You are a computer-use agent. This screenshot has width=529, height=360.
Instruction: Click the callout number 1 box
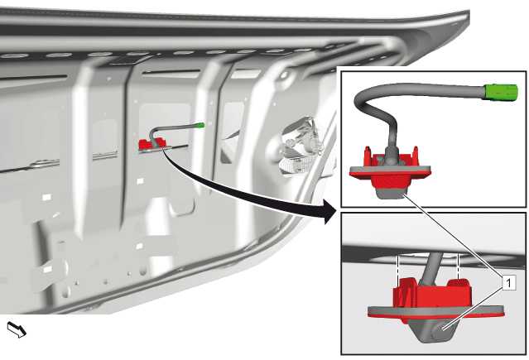(509, 282)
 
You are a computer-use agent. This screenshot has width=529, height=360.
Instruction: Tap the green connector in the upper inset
(502, 93)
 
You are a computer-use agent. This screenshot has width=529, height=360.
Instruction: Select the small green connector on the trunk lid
(200, 125)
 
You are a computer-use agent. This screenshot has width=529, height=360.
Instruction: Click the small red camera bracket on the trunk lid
(150, 144)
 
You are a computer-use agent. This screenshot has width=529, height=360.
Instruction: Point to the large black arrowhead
(328, 211)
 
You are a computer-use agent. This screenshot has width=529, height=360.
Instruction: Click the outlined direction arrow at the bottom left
(17, 329)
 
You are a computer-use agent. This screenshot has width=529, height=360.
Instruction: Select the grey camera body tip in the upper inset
(391, 194)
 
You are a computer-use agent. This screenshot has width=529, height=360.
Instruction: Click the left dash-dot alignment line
(398, 266)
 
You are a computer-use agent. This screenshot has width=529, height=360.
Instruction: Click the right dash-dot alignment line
(458, 266)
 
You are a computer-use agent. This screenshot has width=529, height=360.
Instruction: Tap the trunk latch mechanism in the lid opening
(300, 146)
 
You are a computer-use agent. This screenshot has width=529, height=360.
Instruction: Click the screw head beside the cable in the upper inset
(380, 158)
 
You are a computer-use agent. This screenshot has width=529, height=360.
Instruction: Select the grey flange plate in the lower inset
(436, 311)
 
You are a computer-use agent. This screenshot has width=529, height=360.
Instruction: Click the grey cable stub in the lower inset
(431, 269)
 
